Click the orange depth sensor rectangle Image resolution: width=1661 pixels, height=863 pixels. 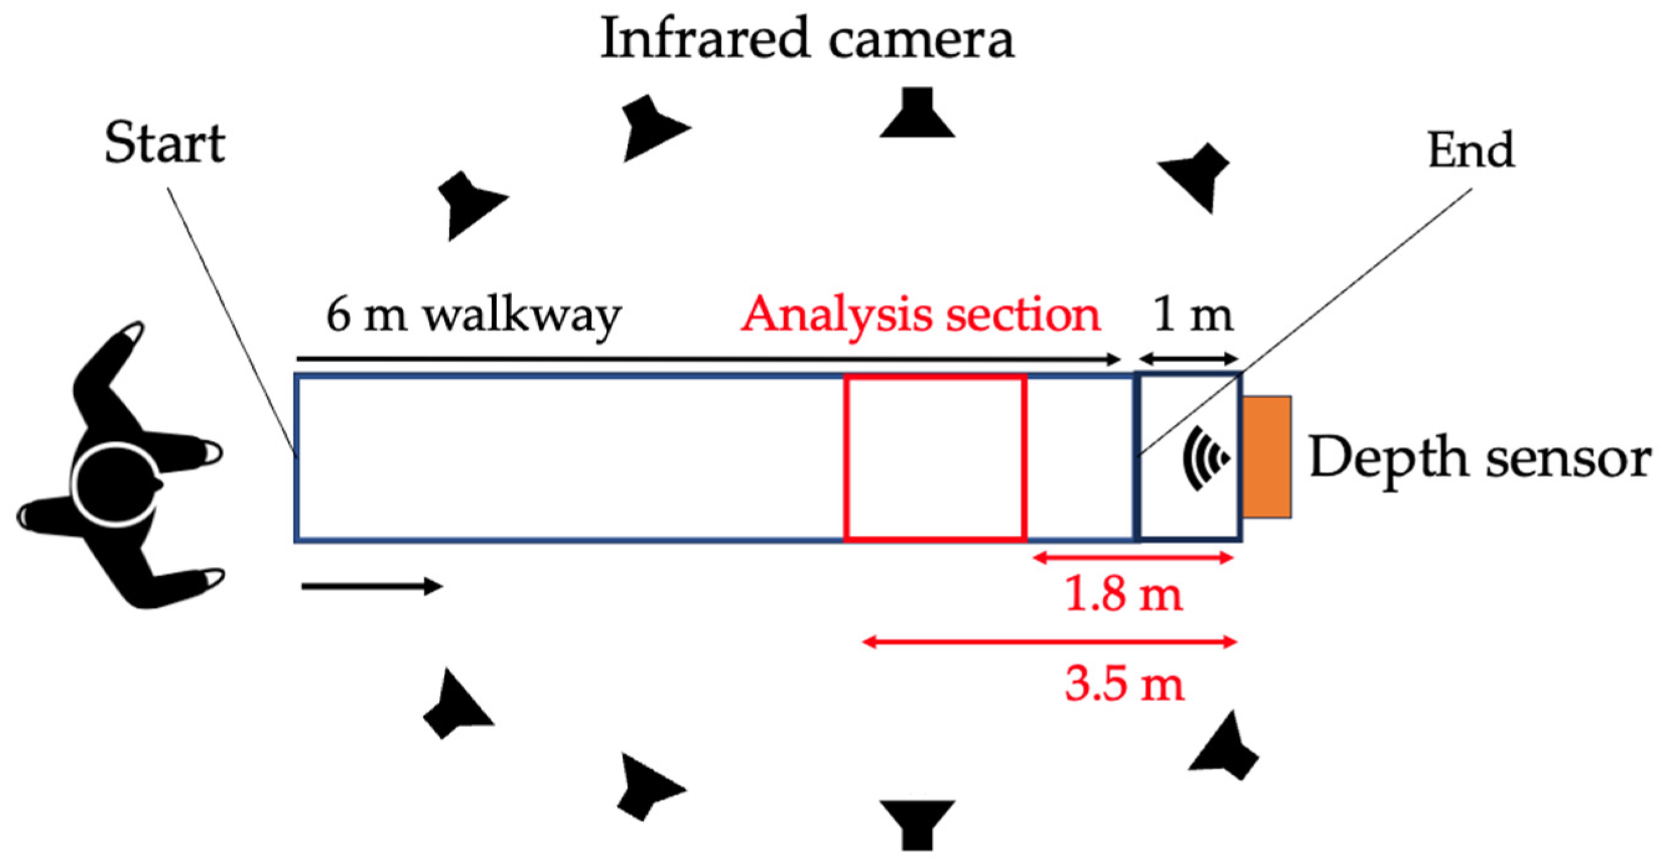point(1267,457)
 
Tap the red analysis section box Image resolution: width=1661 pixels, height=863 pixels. point(934,457)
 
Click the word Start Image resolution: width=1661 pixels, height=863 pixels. point(164,143)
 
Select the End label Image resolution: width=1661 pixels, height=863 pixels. point(1471,150)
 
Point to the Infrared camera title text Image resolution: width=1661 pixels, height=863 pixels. point(807,39)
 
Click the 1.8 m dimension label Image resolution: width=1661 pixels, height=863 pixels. point(1124,594)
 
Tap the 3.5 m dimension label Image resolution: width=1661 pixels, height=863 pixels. point(1124,684)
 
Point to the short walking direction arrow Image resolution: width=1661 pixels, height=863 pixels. point(372,586)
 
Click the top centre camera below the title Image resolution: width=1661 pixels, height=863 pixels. point(917,114)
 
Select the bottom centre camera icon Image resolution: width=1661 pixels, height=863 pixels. point(917,823)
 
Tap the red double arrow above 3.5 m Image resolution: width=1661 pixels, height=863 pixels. point(1049,642)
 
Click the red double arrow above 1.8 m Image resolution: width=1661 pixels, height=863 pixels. point(1133,558)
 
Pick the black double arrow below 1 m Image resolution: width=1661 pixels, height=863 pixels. point(1188,359)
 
